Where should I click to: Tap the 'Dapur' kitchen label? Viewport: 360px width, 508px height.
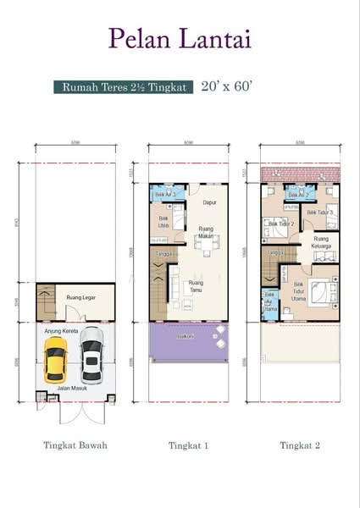pyautogui.click(x=209, y=202)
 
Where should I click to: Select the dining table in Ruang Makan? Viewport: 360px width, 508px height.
pyautogui.click(x=203, y=245)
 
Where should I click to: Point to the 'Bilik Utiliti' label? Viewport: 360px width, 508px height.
pyautogui.click(x=164, y=223)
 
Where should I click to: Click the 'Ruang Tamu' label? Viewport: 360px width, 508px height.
pyautogui.click(x=197, y=285)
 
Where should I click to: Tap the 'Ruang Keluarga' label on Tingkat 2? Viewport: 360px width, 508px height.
pyautogui.click(x=321, y=245)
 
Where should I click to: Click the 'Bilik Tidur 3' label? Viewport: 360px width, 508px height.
pyautogui.click(x=320, y=212)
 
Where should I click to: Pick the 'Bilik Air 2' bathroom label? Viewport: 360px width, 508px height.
pyautogui.click(x=297, y=195)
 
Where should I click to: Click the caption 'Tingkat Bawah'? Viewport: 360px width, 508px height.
pyautogui.click(x=75, y=444)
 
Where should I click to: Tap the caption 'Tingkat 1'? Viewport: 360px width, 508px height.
pyautogui.click(x=188, y=444)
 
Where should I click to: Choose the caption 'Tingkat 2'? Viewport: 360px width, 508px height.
pyautogui.click(x=299, y=444)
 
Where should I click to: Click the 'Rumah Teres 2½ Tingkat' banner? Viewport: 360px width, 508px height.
pyautogui.click(x=123, y=86)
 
